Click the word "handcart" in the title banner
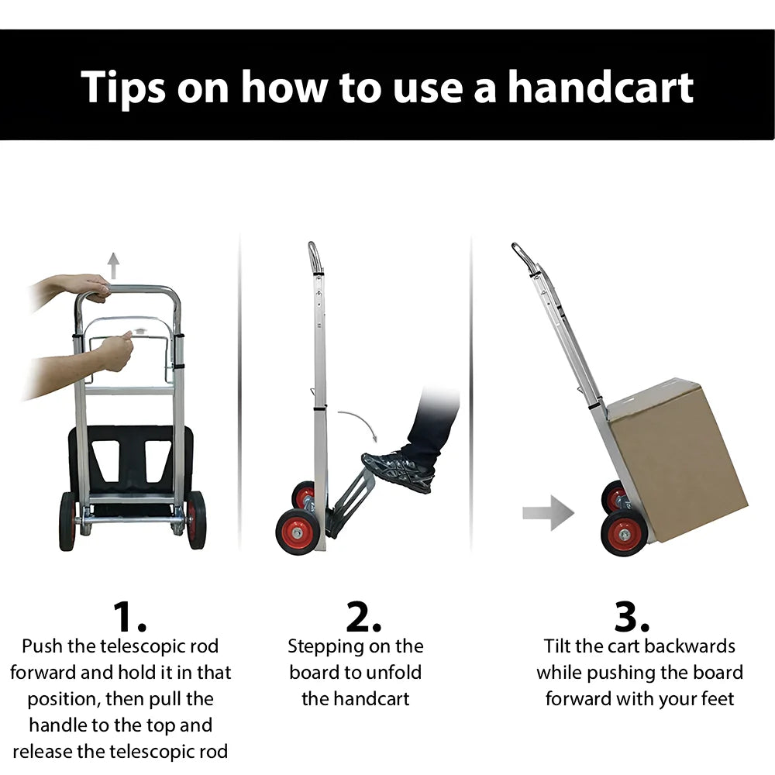(601, 87)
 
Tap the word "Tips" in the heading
(123, 88)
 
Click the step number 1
(129, 617)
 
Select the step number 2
(363, 617)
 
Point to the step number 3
(631, 617)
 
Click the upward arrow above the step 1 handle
(114, 266)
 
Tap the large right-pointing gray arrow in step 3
(548, 513)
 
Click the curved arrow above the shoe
(361, 420)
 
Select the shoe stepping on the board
(399, 470)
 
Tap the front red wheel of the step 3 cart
(624, 533)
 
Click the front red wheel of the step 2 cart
(297, 532)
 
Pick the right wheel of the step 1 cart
(196, 521)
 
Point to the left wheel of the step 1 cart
(67, 522)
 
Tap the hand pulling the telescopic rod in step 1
(117, 351)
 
